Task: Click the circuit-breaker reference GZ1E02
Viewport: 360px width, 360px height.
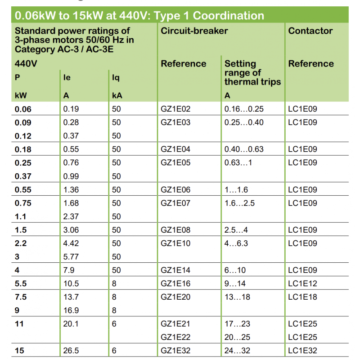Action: (175, 109)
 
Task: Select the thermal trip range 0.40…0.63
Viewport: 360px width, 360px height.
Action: (244, 149)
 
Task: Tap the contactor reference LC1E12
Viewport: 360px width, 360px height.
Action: (302, 283)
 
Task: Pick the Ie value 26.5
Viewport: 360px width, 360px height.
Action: (71, 351)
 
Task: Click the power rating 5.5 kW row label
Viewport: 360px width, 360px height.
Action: (21, 283)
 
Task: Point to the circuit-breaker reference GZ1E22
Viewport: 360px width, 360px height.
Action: (175, 337)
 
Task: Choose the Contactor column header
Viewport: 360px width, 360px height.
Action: (310, 31)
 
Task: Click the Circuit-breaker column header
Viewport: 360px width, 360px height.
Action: (194, 31)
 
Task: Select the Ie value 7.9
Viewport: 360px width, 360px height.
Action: (69, 270)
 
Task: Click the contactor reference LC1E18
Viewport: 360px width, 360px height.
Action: (302, 297)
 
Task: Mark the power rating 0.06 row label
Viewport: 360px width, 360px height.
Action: (23, 109)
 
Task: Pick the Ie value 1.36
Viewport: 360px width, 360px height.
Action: (71, 190)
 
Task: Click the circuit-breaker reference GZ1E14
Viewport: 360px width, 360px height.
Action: (175, 270)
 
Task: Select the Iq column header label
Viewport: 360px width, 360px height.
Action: (116, 78)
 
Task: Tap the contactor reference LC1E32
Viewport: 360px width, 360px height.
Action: (302, 351)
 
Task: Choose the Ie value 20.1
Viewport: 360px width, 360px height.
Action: (71, 324)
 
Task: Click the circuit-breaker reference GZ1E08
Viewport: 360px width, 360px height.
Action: (175, 230)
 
